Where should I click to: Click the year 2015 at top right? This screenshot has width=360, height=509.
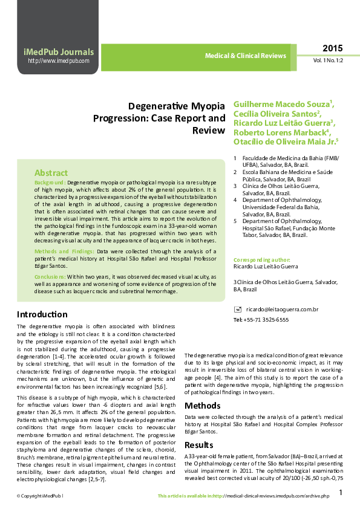click(332, 48)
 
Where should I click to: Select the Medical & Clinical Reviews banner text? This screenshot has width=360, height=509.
click(245, 56)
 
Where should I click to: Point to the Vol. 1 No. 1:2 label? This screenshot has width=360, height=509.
click(328, 61)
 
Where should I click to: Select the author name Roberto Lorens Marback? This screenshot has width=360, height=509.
click(280, 132)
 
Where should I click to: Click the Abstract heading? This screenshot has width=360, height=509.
click(51, 172)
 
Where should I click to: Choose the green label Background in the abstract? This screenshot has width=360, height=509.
click(50, 182)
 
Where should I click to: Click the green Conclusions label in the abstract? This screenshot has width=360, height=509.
click(50, 276)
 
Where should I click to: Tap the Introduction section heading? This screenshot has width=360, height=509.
click(42, 314)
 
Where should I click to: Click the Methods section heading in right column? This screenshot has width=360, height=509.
click(203, 406)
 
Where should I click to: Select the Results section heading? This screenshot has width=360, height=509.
click(199, 445)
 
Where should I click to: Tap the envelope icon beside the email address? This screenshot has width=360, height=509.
click(237, 310)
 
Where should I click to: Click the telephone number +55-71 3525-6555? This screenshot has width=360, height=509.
click(261, 319)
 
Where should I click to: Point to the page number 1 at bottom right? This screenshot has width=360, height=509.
click(341, 493)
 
